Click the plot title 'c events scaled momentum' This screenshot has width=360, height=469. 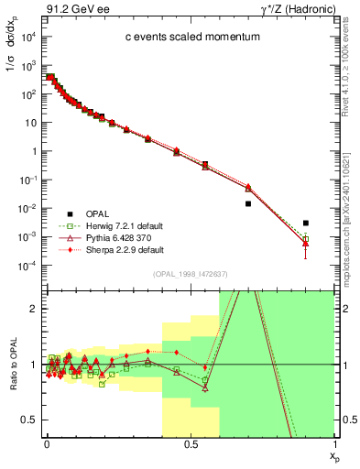[x=185, y=38]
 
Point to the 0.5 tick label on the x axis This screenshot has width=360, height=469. [x=190, y=442]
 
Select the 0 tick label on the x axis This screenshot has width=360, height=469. [x=46, y=442]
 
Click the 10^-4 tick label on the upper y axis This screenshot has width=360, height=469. [x=27, y=266]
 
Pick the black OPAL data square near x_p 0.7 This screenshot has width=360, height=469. [x=248, y=203]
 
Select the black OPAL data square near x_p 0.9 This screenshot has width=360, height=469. [x=306, y=223]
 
